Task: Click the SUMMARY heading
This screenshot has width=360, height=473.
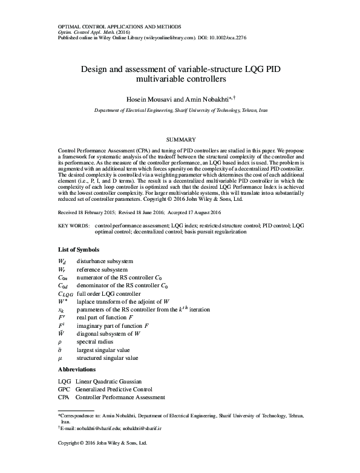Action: pos(180,139)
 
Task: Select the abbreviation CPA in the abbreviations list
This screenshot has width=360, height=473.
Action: pos(64,397)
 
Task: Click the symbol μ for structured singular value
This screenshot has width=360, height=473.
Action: pos(60,358)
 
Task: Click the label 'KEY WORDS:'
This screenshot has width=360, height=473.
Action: pos(73,225)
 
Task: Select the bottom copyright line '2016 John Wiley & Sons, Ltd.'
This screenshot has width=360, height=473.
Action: pos(114,443)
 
